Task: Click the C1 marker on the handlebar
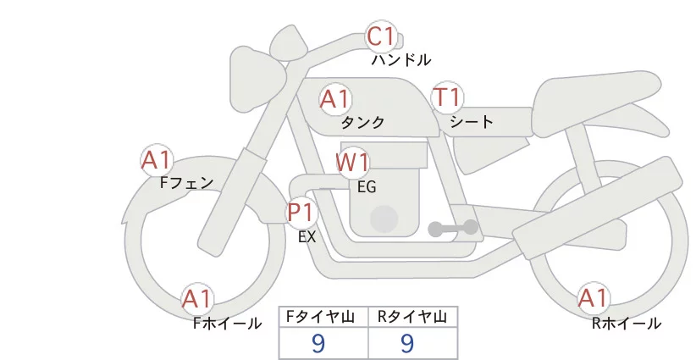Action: [x=381, y=36]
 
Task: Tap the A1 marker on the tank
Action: [x=334, y=99]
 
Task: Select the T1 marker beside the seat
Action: [x=447, y=97]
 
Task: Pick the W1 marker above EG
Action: [x=352, y=163]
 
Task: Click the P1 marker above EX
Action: [x=301, y=213]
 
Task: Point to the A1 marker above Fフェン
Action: [x=156, y=160]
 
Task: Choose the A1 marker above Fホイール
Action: [x=196, y=299]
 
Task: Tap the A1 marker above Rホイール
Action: [x=593, y=298]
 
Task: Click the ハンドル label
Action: [x=400, y=59]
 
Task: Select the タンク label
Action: [x=362, y=122]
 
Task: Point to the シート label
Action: [x=472, y=121]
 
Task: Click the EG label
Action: [x=367, y=187]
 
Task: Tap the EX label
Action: [x=307, y=237]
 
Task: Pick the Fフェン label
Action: [x=186, y=182]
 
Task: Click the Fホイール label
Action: [x=227, y=324]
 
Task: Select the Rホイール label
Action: [x=627, y=324]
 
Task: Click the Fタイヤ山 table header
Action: [x=320, y=317]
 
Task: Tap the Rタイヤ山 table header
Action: [x=412, y=317]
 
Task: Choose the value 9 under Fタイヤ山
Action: [x=318, y=343]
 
